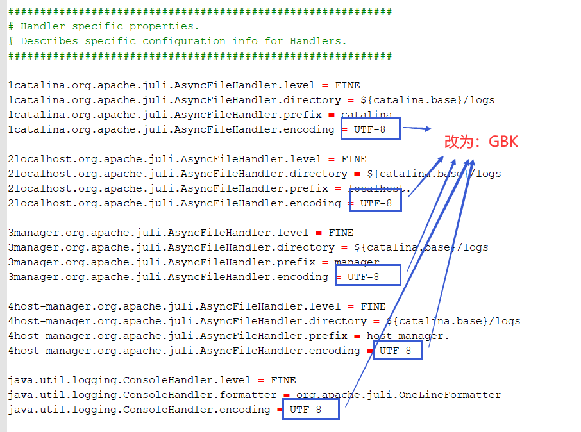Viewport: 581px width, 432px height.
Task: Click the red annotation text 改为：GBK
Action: coord(481,142)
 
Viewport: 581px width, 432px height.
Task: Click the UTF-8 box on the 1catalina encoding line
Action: coord(370,129)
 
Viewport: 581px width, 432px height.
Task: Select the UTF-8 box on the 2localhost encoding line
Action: coord(376,203)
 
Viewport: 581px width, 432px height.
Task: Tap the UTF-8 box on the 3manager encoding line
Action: coord(367,276)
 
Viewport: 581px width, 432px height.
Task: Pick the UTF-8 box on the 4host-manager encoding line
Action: coord(398,350)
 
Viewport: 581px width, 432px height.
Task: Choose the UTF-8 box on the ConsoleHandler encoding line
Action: coord(310,409)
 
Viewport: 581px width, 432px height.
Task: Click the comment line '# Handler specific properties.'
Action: coord(103,26)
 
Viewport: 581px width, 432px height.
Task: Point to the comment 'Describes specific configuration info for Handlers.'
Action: coord(183,41)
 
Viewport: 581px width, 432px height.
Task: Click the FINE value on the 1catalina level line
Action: coord(347,85)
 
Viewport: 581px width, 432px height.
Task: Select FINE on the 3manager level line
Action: coord(341,233)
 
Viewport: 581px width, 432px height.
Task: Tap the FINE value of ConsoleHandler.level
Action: coord(283,380)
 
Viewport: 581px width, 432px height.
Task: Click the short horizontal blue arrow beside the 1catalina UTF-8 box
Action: coord(417,129)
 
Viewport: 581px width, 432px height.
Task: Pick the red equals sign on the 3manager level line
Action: coord(318,233)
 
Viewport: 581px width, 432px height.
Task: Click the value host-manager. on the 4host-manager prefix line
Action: coord(408,336)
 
